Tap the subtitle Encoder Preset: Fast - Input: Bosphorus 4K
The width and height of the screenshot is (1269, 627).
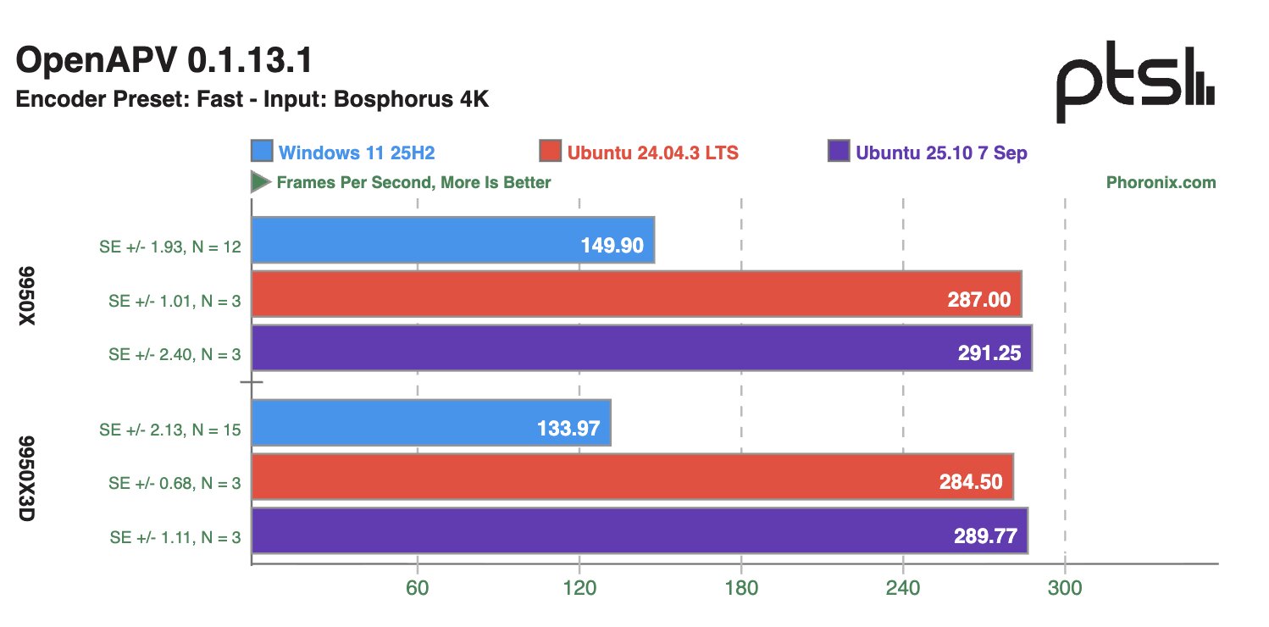click(252, 99)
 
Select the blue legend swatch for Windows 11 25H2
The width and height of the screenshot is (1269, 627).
click(262, 152)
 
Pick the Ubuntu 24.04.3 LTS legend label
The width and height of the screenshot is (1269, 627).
click(653, 153)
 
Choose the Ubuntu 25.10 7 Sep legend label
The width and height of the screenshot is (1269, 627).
click(941, 153)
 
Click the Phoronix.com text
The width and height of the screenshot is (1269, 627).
click(1161, 182)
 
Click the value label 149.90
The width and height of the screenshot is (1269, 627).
click(612, 246)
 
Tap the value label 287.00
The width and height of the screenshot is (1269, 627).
click(978, 299)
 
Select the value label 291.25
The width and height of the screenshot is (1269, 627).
click(989, 353)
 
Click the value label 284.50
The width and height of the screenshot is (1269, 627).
click(971, 482)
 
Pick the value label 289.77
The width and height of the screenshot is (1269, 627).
click(985, 536)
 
